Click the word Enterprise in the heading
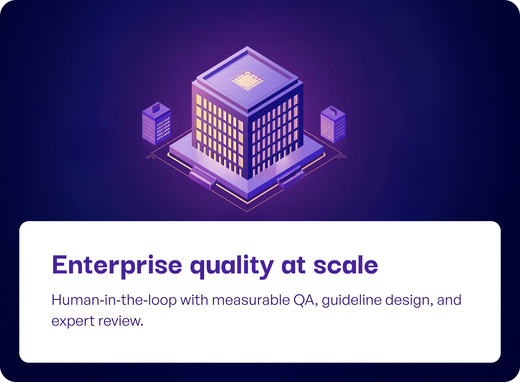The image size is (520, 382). (117, 265)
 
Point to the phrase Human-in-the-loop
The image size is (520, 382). (114, 300)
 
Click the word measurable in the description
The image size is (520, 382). (249, 300)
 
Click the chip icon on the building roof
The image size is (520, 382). (246, 80)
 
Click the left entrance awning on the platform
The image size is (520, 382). (203, 177)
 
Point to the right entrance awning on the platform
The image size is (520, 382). (291, 177)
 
